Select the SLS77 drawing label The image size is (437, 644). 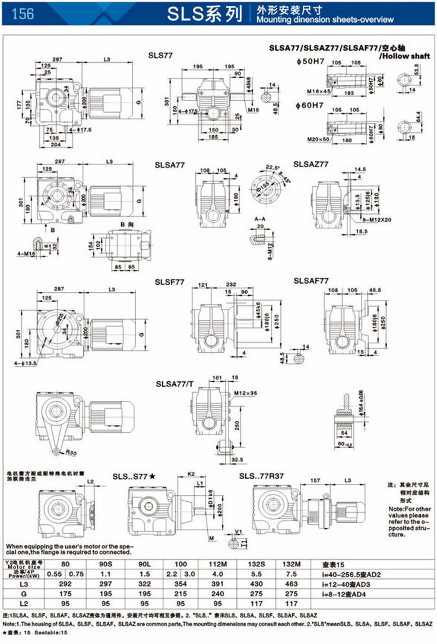click(x=161, y=55)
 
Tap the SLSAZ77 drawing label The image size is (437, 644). click(x=311, y=164)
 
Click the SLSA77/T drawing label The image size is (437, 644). click(x=175, y=384)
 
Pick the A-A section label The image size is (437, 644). click(x=259, y=219)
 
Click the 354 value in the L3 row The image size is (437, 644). click(x=179, y=584)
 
